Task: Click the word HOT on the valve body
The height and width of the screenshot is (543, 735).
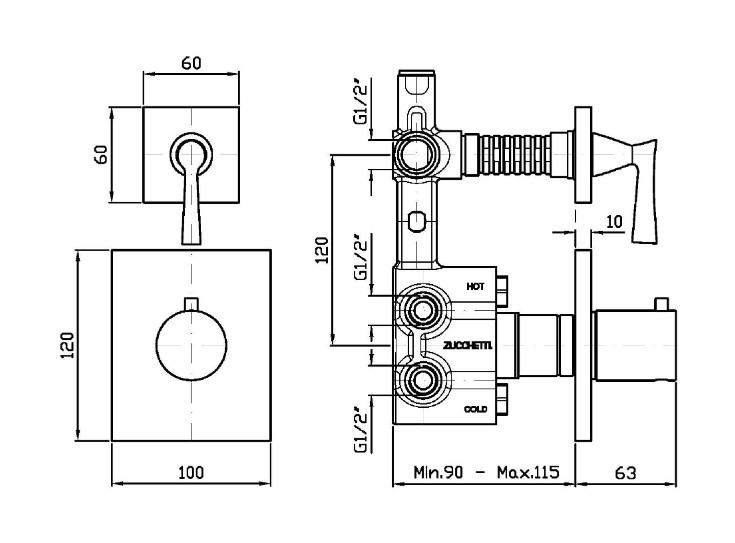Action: tap(476, 287)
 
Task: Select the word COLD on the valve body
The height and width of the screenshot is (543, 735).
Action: tap(476, 409)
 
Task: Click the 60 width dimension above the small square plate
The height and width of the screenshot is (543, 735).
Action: tap(192, 62)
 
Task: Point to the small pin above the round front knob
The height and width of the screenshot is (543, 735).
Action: tap(192, 305)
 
